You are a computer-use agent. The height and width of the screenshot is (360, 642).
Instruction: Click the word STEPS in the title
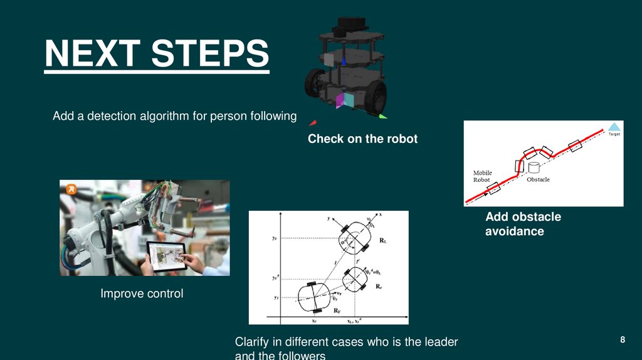[x=209, y=54]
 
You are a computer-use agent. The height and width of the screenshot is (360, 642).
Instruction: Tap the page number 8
[x=623, y=340]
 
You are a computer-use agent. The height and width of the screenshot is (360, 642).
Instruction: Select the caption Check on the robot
[x=362, y=139]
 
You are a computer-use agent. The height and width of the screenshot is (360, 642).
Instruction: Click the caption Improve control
[x=142, y=294]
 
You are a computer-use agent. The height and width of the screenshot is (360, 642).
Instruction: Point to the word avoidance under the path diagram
[x=514, y=231]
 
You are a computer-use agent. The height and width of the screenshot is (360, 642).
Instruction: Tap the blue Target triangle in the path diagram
[x=614, y=126]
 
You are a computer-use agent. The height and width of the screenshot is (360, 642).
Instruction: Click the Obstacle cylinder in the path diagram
[x=534, y=167]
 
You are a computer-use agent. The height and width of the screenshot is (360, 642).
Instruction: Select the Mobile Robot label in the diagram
[x=482, y=176]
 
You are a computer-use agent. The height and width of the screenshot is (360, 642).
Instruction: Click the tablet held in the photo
[x=166, y=256]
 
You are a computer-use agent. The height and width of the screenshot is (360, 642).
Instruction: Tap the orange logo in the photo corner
[x=71, y=188]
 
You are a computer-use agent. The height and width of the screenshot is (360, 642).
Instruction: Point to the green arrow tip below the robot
[x=382, y=116]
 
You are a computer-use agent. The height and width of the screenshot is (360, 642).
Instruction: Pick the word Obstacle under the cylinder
[x=538, y=180]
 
